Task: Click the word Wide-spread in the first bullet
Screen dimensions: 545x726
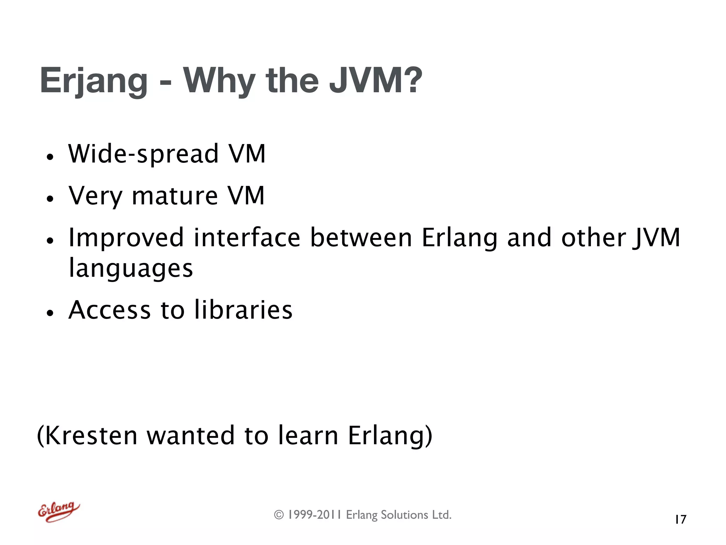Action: coord(143,154)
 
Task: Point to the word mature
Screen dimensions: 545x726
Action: coord(174,196)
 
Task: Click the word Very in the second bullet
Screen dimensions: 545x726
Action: coord(95,197)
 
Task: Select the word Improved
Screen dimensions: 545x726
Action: coord(126,238)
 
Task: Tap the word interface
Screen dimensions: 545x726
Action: coord(247,237)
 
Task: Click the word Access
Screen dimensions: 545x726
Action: coord(110,310)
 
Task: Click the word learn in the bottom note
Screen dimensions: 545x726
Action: coord(308,436)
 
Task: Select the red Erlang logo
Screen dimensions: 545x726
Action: coord(58,512)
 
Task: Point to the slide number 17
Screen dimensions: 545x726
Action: coord(681,519)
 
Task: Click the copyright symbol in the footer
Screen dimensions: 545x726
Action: coord(279,515)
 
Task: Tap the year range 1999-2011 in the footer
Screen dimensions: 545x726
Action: coord(314,515)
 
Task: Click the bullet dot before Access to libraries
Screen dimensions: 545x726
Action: coord(50,313)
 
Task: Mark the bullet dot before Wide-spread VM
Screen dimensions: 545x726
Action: coord(50,157)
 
